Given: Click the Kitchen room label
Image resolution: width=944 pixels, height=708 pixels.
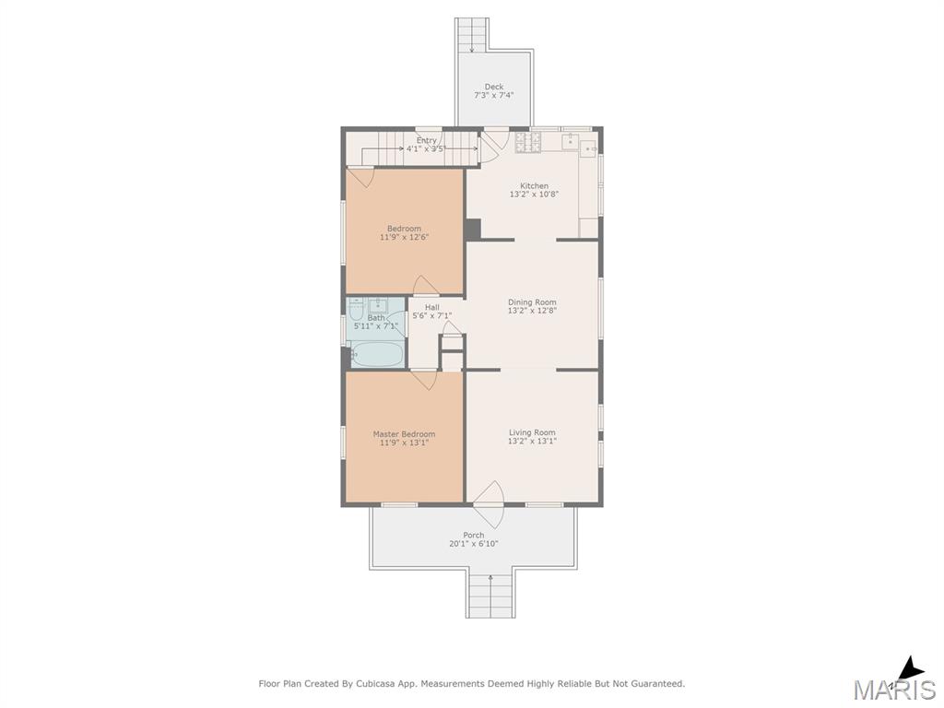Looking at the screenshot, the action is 534,186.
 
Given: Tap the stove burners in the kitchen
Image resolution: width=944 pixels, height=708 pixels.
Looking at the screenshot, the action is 528,142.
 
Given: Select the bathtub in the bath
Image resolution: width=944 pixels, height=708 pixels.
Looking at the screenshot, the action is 377,355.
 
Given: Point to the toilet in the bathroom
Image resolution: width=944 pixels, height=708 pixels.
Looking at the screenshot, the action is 355,313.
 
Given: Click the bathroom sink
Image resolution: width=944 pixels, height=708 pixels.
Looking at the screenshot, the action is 378,304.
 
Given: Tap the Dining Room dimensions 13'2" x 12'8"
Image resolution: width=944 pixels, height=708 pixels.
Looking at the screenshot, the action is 532,311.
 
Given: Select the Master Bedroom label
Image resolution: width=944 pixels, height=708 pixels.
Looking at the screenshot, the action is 404,434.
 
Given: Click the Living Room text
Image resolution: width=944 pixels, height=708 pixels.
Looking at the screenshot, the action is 532,432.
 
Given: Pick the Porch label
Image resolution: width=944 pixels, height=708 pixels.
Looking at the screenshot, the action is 474,535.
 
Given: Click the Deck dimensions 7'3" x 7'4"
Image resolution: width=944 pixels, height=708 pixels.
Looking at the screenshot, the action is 494,95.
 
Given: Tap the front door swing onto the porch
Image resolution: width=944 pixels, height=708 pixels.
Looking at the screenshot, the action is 489,504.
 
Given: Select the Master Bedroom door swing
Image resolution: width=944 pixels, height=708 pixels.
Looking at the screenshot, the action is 423,379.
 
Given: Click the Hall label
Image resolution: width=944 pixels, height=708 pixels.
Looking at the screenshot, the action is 431,307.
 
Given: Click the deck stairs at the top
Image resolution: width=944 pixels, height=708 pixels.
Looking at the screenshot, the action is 471,35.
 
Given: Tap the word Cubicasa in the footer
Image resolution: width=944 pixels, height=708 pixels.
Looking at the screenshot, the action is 372,683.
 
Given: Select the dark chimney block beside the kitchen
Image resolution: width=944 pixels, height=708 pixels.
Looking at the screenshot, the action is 473,229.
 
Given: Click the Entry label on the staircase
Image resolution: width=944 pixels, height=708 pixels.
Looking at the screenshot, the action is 426,140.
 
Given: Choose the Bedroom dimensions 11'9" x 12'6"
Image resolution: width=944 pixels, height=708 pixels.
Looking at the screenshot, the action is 404,237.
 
